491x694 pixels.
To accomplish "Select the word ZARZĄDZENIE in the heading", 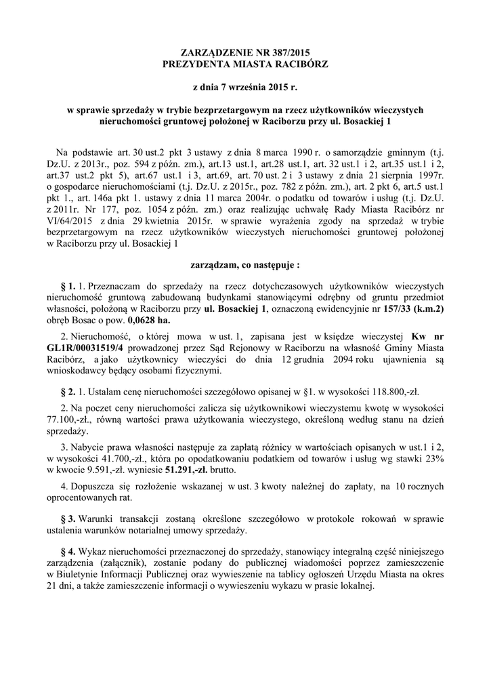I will point(208,52).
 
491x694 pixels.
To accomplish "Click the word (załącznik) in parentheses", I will point(129,563).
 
